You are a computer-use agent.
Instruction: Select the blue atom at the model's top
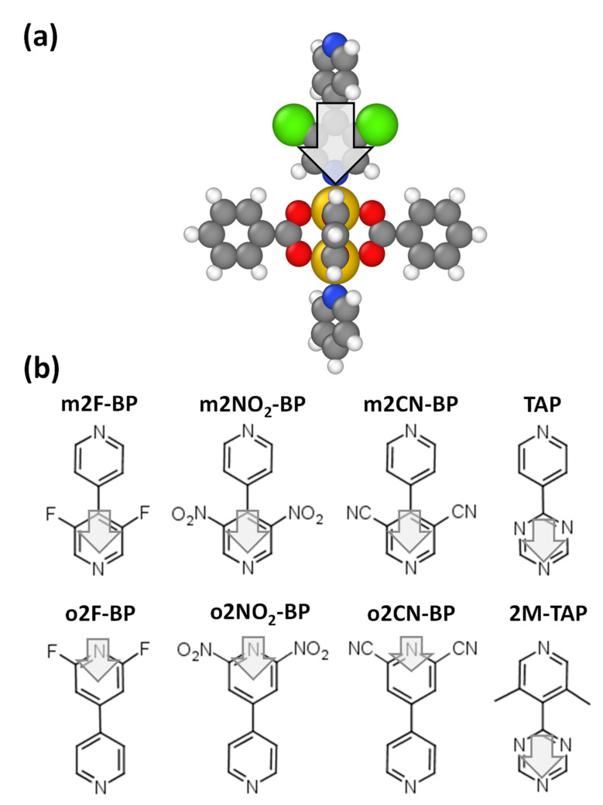[333, 43]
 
